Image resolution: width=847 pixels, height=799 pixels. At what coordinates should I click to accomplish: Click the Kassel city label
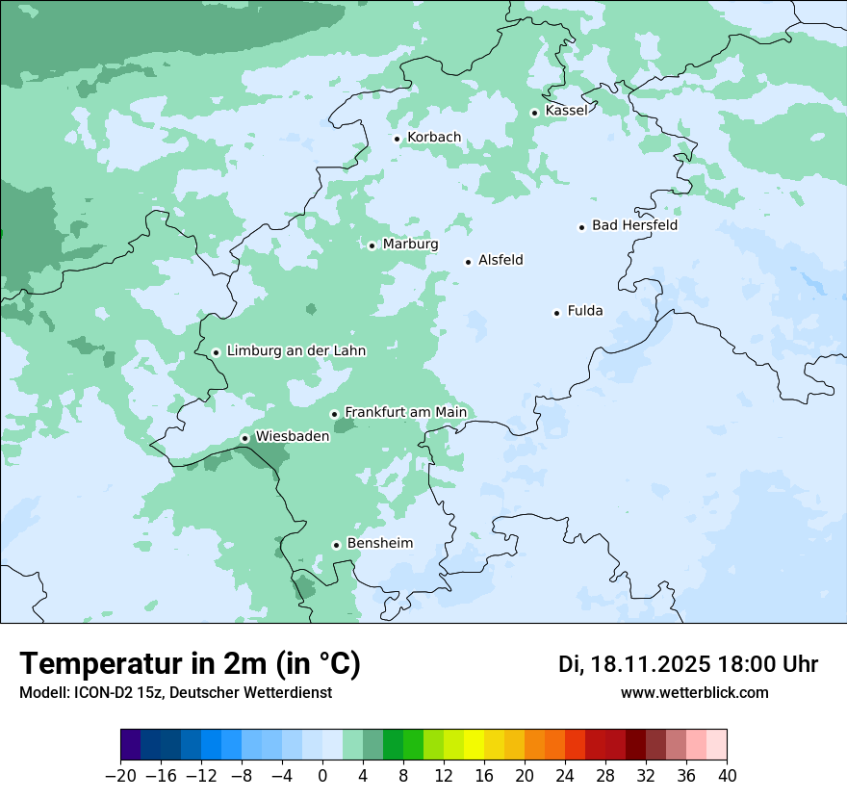tap(566, 111)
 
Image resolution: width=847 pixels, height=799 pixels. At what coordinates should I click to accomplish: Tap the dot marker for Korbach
tap(397, 139)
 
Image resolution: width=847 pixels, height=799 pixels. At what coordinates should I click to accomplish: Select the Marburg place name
tap(410, 245)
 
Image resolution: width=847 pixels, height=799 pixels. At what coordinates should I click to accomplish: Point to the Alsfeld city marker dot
tap(469, 262)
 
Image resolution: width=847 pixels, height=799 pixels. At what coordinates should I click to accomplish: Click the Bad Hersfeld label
tap(634, 225)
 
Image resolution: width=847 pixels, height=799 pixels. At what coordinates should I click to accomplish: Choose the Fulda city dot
tap(556, 313)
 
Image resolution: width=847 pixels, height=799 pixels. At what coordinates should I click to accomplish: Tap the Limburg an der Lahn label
tap(295, 351)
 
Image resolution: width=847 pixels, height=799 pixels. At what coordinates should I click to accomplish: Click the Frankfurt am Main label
tap(405, 413)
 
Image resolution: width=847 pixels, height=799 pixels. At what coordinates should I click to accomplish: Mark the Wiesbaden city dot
tap(244, 438)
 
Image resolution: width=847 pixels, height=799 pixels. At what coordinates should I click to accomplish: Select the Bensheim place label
tap(379, 544)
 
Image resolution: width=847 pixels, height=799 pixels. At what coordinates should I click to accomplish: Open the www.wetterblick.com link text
tap(694, 693)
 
